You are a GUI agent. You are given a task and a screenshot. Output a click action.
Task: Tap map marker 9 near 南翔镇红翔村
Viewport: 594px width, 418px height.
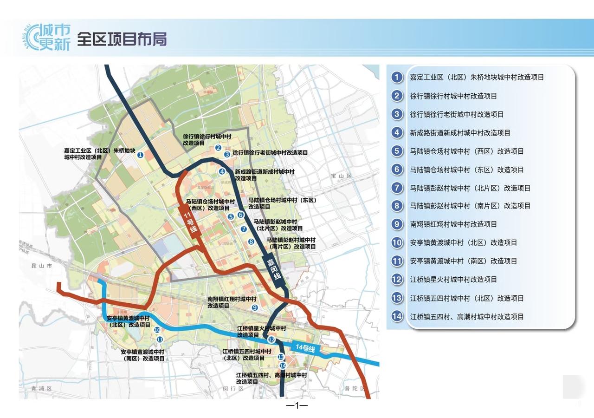tap(254, 307)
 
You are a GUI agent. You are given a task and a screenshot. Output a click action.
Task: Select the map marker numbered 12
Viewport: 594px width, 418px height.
tap(271, 340)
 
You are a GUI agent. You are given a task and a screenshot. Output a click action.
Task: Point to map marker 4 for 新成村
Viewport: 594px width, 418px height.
tap(222, 171)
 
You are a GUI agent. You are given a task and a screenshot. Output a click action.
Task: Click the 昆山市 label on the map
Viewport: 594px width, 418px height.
tap(42, 267)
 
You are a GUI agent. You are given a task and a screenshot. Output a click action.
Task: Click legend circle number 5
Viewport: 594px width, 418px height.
tap(397, 151)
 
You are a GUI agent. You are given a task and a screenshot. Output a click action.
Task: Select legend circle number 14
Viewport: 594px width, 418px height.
tap(397, 317)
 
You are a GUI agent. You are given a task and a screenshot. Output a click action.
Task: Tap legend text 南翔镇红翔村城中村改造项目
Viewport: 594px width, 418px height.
tap(453, 224)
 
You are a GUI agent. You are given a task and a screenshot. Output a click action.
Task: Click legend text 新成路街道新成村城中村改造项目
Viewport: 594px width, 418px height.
tap(460, 133)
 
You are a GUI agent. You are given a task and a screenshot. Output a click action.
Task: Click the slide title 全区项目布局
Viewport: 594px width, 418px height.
tap(122, 39)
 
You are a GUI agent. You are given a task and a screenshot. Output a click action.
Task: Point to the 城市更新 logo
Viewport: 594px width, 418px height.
tap(48, 37)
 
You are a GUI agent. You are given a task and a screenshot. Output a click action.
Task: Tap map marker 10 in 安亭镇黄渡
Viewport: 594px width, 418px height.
tap(157, 330)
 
